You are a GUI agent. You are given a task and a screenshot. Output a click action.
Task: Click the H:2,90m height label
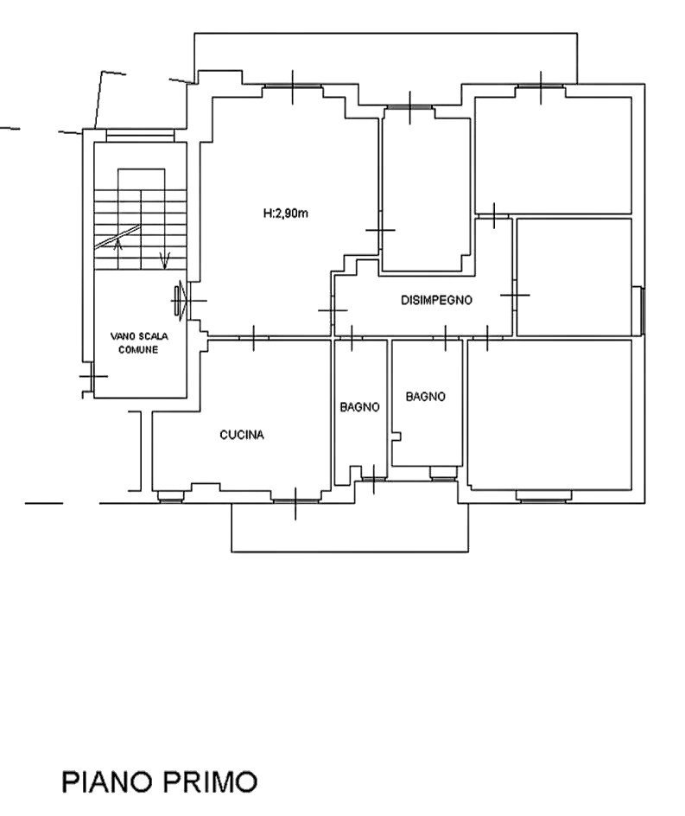[x=286, y=214]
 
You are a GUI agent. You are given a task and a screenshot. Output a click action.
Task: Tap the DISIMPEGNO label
[x=437, y=300]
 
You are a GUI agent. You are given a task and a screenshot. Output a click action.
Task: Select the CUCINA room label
[x=242, y=435]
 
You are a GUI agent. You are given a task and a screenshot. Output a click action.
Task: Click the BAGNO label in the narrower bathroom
[x=359, y=407]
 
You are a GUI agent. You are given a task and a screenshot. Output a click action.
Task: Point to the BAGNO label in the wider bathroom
[x=426, y=397]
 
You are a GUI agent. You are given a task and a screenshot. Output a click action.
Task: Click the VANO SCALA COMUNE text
[x=139, y=343]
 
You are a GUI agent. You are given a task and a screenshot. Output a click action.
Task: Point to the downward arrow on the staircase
[x=165, y=260]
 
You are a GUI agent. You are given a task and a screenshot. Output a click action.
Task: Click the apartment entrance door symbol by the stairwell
[x=181, y=300]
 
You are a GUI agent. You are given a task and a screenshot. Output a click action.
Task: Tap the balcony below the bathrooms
[x=350, y=527]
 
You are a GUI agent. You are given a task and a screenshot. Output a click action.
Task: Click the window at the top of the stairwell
[x=140, y=136]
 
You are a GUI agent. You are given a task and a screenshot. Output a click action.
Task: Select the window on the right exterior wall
[x=643, y=310]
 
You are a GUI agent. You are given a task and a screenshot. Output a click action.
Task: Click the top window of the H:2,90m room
[x=292, y=86]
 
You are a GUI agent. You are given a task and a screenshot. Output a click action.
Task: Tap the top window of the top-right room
[x=541, y=86]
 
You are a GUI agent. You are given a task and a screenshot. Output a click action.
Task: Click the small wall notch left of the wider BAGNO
[x=397, y=437]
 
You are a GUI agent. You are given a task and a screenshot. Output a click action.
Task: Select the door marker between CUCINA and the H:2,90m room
[x=254, y=338]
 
